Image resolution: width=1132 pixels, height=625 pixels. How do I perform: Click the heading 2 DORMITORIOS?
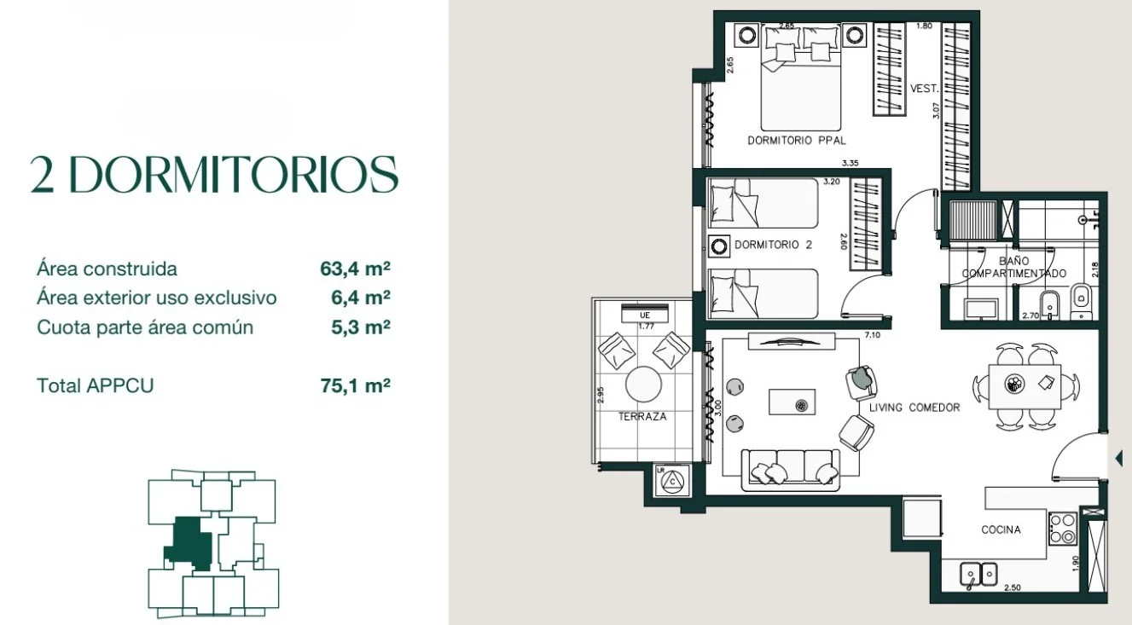(214, 174)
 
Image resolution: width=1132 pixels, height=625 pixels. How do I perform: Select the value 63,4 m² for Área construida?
(355, 269)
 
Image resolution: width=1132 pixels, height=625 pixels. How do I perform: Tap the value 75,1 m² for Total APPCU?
(355, 385)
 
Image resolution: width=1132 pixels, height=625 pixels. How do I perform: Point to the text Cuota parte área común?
(145, 327)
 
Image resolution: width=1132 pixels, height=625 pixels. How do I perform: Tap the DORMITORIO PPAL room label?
(797, 141)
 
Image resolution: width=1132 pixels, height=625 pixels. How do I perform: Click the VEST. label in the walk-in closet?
(925, 89)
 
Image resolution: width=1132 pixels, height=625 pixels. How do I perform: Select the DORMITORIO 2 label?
(773, 245)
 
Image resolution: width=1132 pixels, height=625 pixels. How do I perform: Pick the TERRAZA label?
(642, 416)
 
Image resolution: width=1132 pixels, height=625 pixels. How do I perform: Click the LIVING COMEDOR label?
(914, 408)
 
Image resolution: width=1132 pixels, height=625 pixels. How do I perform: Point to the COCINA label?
(1001, 530)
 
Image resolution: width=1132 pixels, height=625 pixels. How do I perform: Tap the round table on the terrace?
(643, 384)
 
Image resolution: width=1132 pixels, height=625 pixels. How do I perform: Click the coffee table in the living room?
(792, 402)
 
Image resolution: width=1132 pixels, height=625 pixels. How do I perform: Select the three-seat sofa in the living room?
(791, 470)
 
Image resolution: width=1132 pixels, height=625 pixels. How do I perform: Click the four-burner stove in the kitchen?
(1063, 529)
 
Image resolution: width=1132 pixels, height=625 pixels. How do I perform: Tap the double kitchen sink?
(978, 574)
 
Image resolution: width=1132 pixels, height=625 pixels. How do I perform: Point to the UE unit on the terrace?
(645, 313)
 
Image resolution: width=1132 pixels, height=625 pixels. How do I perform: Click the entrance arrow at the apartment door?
(1119, 458)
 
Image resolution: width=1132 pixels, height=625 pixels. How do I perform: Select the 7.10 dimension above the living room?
(873, 335)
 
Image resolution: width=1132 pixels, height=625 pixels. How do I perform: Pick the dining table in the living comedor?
(1025, 386)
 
